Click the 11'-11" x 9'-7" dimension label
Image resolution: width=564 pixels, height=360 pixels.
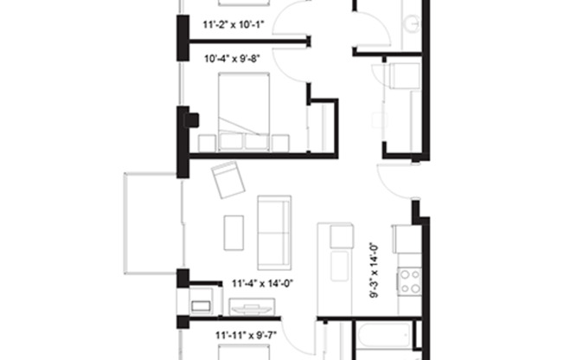pos(245,333)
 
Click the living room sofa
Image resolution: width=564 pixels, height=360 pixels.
pos(274,231)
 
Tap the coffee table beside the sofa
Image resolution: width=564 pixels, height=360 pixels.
pos(234,231)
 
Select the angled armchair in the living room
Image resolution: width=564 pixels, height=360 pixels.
pos(228,179)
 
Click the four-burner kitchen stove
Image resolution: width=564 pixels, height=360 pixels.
pos(409,281)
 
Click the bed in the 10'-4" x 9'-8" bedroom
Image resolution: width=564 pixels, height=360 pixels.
pos(244,108)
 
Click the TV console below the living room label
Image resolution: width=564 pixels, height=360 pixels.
pos(251,306)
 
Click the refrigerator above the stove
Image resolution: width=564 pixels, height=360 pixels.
pos(407,239)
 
